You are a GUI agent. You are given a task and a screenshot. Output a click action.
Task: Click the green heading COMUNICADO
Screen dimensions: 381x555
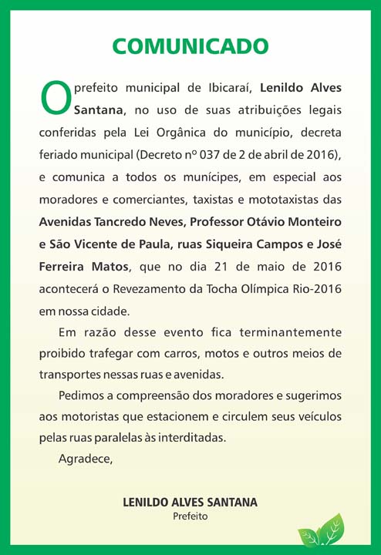pyautogui.click(x=190, y=47)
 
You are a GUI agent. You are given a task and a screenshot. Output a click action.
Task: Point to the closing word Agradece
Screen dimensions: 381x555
pyautogui.click(x=86, y=460)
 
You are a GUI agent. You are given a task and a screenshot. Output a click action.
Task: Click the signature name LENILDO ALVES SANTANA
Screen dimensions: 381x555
pyautogui.click(x=190, y=503)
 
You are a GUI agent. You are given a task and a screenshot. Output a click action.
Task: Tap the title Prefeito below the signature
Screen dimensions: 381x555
pyautogui.click(x=190, y=516)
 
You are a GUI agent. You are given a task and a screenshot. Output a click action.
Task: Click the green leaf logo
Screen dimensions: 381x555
pyautogui.click(x=321, y=532)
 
